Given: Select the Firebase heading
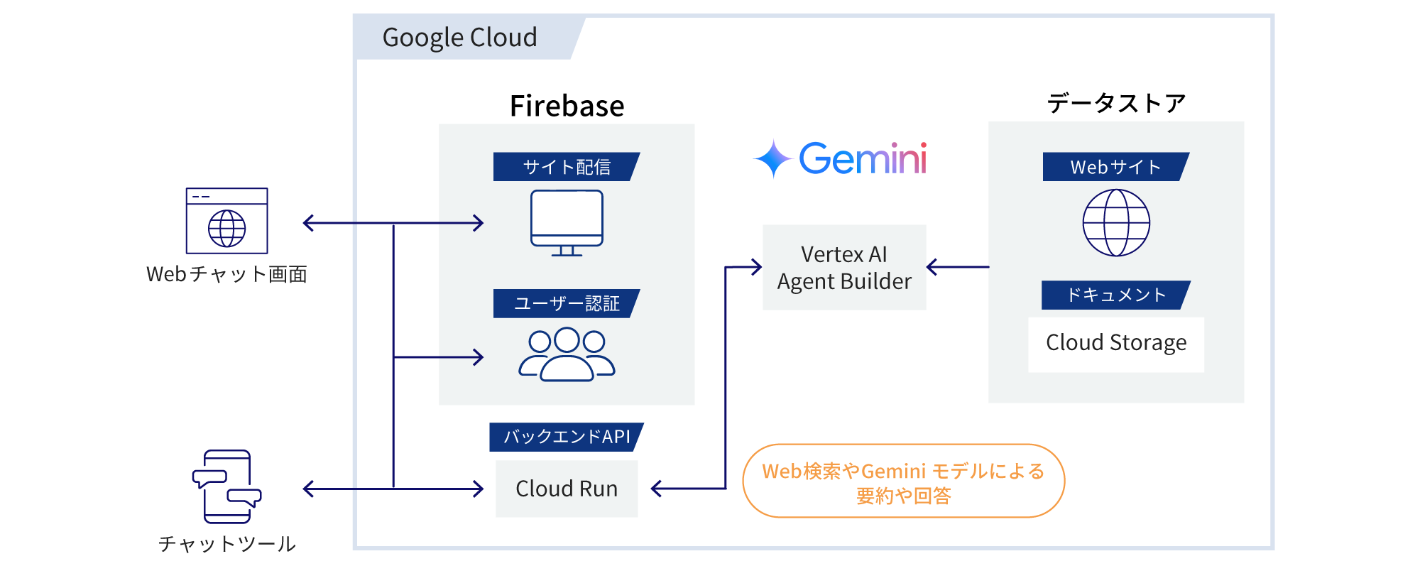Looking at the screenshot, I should pos(567,106).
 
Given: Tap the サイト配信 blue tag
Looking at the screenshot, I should pos(566,167).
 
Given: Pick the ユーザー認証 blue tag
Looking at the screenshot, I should pos(566,303).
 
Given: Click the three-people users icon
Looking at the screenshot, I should pos(567,354).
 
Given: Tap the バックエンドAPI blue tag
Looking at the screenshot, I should pos(566,437).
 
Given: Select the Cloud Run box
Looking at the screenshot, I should pos(567,489).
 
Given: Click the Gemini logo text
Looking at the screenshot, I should pos(863,158).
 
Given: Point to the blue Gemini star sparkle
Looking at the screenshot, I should pos(772,158).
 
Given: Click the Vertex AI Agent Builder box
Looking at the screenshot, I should pos(844,268).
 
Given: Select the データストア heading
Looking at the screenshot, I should pos(1115,104).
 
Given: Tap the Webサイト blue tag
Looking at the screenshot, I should pos(1115,167).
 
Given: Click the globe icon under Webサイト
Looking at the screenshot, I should pos(1116,222).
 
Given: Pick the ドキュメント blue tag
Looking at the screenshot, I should pos(1115,295).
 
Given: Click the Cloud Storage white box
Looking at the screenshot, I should pos(1115,344).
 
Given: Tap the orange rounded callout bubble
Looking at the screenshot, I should pos(903,481).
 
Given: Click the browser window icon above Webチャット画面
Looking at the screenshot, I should pos(226,221).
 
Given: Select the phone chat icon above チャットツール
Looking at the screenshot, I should pos(226,486).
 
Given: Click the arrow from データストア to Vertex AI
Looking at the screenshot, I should pos(958,267).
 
